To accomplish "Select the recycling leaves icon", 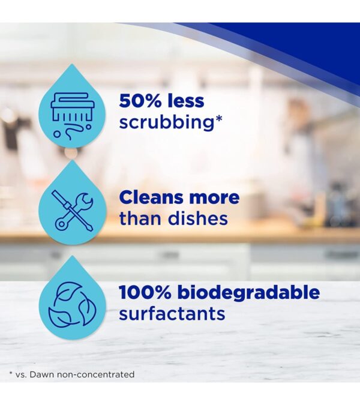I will click(x=71, y=304).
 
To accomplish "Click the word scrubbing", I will click(x=166, y=122).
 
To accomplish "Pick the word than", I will click(x=140, y=218).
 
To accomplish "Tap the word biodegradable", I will click(x=250, y=294).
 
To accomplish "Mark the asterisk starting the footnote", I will click(x=11, y=374).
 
